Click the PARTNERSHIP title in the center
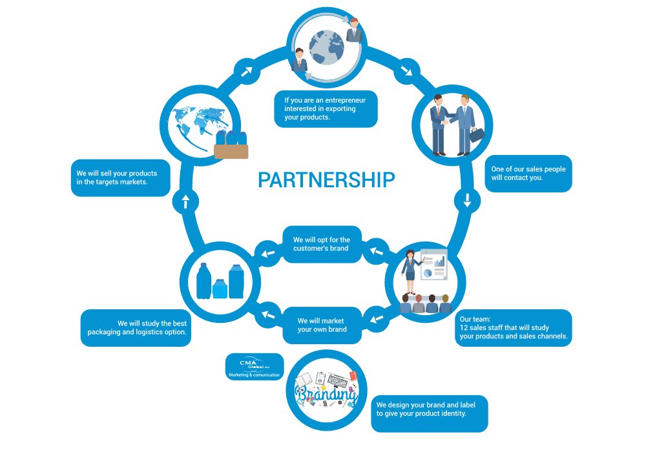(x=326, y=180)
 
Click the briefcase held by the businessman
(x=477, y=135)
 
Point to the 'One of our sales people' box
(x=528, y=173)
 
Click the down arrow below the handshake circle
(x=467, y=201)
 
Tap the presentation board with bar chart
(x=433, y=265)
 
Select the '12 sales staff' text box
(x=513, y=328)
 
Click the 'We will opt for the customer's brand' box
(x=322, y=244)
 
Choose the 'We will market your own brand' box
(x=322, y=325)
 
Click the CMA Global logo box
(x=255, y=367)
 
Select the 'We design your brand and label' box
(x=428, y=414)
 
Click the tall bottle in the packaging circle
(x=203, y=281)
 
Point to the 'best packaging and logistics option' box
(x=136, y=328)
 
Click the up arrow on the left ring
(x=185, y=202)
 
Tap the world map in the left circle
(x=195, y=123)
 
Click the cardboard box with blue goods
(x=231, y=147)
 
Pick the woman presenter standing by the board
(x=410, y=273)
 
